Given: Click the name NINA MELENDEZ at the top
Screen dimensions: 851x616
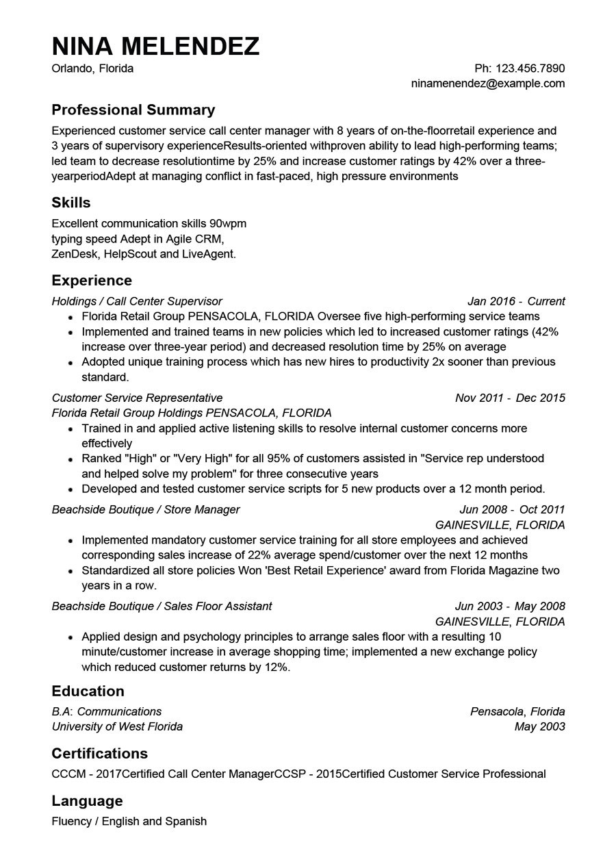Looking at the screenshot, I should (x=155, y=46).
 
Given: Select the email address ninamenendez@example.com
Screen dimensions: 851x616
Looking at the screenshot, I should (x=487, y=84).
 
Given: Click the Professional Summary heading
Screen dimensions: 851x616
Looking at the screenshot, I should (x=133, y=110).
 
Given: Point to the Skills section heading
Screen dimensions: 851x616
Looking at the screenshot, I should (x=71, y=203).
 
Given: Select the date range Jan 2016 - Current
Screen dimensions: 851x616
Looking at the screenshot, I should (x=515, y=301).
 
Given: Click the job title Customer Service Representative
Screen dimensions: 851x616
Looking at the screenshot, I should (x=137, y=398).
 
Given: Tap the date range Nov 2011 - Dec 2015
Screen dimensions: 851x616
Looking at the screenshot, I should (x=509, y=398).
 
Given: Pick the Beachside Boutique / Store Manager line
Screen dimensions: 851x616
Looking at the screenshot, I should (x=145, y=509).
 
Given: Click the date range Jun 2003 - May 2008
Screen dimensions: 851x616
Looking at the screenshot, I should (x=509, y=606).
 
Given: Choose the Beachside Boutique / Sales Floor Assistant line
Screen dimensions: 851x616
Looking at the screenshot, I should (x=162, y=606).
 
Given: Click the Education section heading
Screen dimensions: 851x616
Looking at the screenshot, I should (x=88, y=691).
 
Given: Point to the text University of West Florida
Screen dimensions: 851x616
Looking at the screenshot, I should (x=117, y=726).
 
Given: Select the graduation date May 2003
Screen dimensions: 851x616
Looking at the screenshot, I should (x=539, y=726).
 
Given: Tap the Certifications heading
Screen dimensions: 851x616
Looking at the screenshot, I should (x=99, y=753).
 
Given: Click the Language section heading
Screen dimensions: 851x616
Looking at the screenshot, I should (x=87, y=800).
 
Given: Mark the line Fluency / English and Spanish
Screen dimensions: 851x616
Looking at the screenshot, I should (x=129, y=821).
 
